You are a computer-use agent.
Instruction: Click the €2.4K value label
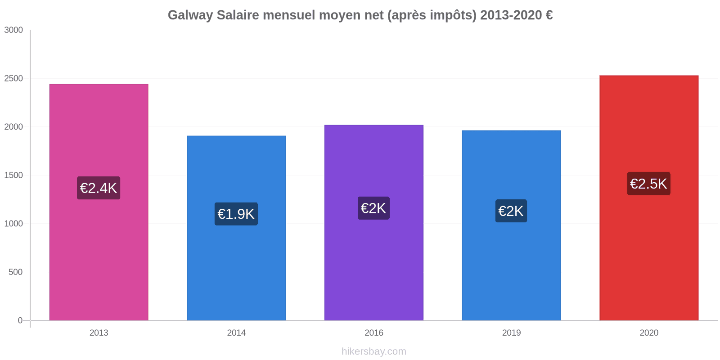(99, 188)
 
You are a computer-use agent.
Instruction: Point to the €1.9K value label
(236, 214)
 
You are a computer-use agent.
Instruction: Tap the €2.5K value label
(648, 184)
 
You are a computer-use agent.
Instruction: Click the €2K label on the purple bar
(373, 208)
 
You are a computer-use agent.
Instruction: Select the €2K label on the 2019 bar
(511, 211)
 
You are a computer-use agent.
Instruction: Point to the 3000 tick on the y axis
(13, 30)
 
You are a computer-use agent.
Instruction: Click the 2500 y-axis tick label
(13, 79)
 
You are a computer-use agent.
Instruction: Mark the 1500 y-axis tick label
(13, 175)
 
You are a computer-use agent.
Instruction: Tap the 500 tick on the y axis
(15, 272)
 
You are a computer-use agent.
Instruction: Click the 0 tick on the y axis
(20, 320)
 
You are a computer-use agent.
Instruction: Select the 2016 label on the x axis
(373, 333)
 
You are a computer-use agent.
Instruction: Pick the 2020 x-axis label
(648, 333)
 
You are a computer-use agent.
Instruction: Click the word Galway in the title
(190, 15)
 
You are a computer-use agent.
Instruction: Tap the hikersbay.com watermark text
(373, 351)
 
